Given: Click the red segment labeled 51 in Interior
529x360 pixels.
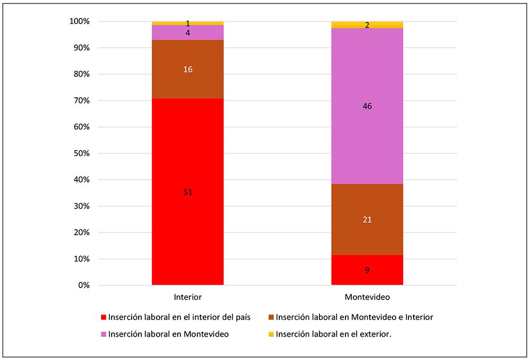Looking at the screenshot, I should coord(187,192).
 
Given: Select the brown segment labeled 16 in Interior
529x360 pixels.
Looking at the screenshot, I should coord(187,69).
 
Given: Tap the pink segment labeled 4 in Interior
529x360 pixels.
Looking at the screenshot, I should coord(187,33).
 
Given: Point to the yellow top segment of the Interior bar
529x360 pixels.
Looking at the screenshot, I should coord(187,23).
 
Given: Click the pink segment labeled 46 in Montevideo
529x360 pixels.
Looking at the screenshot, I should coord(367,106).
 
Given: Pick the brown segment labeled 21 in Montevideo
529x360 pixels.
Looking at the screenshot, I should coord(367,219).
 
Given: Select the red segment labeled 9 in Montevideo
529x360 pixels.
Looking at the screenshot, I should coord(367,270).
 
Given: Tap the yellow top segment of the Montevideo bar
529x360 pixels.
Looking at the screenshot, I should coord(367,25).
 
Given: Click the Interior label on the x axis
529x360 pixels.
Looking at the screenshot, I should coord(187,298).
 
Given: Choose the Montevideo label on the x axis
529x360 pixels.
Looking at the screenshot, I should coord(367,298).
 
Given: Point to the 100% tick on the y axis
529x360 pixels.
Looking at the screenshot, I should coord(80,22).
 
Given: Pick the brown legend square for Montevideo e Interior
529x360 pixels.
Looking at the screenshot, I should coord(271,318).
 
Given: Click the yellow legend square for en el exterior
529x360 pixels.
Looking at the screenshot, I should coord(271,335).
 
